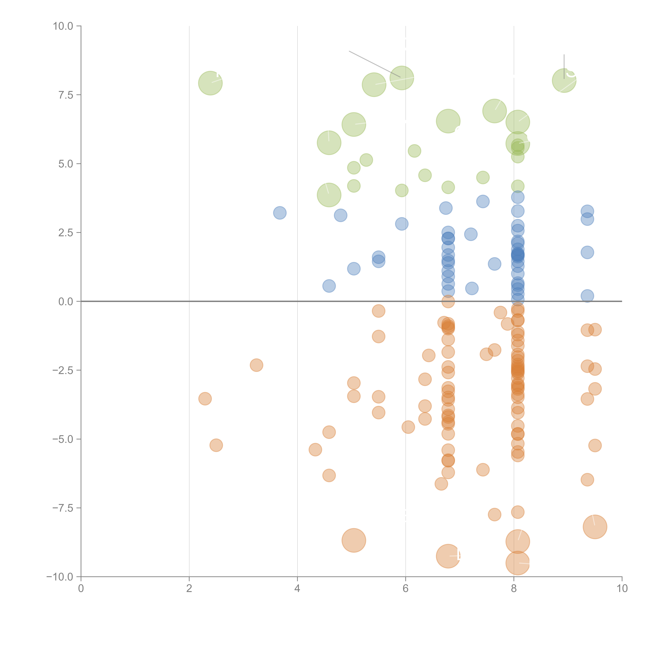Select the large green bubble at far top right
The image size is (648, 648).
click(564, 80)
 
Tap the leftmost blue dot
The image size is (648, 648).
click(280, 213)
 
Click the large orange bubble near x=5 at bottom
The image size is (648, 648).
click(354, 540)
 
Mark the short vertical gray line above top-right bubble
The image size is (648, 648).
click(564, 66)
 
